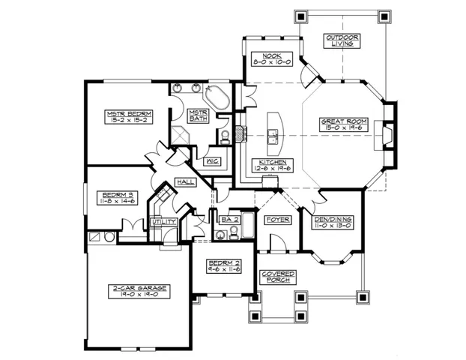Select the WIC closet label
212,160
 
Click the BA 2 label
229,219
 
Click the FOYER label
273,219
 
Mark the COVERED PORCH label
279,276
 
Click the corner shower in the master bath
180,136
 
